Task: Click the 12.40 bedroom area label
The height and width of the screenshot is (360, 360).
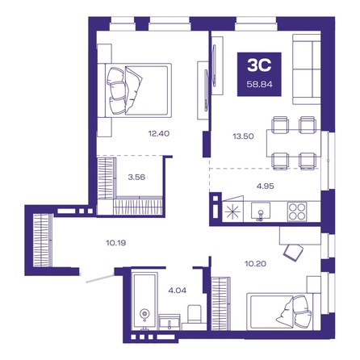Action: (159, 133)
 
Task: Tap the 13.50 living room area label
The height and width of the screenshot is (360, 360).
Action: (243, 136)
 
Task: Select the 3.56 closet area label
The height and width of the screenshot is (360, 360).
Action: (136, 177)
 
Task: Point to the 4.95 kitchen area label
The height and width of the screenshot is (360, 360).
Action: (265, 186)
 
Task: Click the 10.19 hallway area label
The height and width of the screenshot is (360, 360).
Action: (116, 243)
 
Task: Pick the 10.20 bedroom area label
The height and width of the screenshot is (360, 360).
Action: (255, 263)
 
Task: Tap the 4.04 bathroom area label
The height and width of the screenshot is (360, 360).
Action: (177, 291)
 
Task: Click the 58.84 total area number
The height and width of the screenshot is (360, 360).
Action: (260, 84)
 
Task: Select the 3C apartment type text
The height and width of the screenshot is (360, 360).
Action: (259, 65)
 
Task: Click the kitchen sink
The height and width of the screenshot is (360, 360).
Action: (261, 211)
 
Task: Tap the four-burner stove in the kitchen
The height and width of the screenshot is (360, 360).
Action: (297, 211)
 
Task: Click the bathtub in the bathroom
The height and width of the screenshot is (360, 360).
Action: (144, 300)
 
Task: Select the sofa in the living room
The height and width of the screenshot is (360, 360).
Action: (307, 69)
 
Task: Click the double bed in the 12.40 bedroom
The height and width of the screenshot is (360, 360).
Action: (135, 90)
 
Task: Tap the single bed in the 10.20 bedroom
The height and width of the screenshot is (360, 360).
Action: (283, 312)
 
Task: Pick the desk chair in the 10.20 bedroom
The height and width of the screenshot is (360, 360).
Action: (293, 253)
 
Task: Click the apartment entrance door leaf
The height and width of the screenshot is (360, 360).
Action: (100, 278)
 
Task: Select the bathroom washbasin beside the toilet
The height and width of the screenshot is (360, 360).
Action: (170, 322)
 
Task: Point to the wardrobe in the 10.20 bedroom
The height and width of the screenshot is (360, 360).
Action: (221, 303)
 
